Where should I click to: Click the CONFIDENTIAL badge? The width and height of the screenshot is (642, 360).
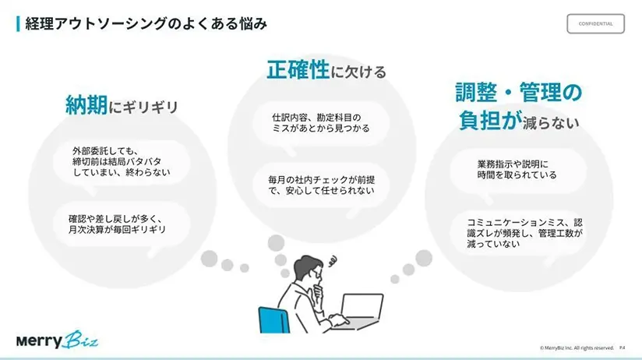(595, 23)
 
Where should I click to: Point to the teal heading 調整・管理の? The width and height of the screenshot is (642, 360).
(518, 94)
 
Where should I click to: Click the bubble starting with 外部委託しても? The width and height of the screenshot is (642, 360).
(121, 161)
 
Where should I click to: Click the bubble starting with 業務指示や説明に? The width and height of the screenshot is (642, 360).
(517, 170)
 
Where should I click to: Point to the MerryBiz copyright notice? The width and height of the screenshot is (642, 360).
(577, 348)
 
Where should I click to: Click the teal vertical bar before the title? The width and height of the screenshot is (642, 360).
(17, 24)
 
